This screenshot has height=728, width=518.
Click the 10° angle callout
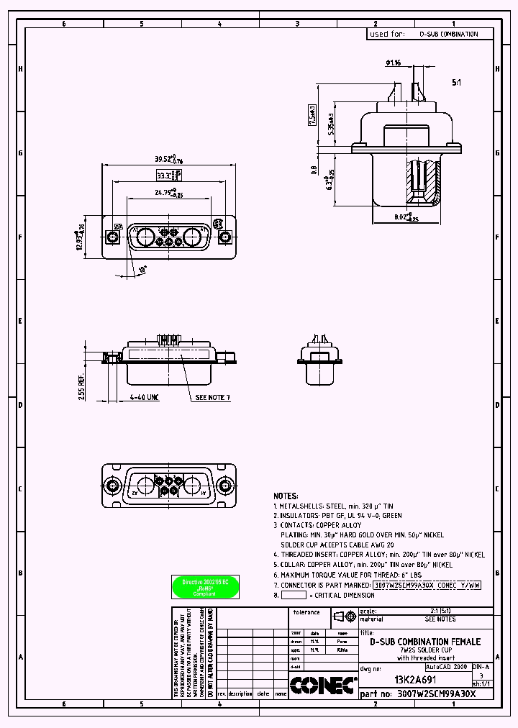click(142, 270)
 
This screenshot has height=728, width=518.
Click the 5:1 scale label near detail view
click(456, 83)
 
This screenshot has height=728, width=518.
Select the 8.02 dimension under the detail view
click(404, 216)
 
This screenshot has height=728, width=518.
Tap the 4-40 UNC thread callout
click(144, 397)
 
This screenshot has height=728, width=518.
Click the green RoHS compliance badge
click(204, 587)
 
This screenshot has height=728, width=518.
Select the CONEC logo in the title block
click(323, 685)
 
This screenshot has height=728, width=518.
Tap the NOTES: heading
click(286, 496)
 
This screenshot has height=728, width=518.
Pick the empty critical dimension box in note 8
click(294, 596)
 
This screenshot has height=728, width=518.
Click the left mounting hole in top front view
click(113, 237)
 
